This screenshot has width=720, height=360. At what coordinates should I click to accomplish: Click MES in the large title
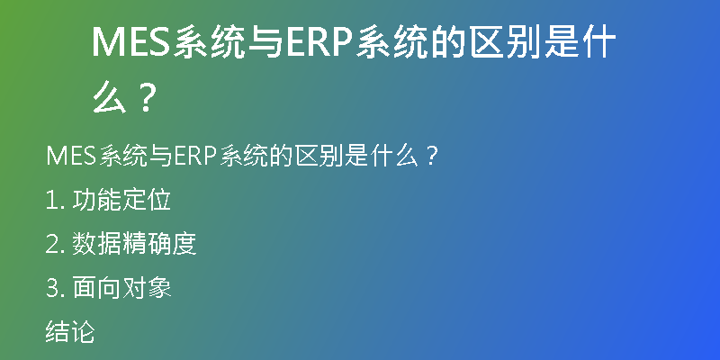131,42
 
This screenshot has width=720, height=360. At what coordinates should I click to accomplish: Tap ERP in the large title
319,42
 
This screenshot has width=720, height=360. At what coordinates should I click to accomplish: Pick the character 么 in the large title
110,96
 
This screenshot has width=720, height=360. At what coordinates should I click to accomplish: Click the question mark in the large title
146,97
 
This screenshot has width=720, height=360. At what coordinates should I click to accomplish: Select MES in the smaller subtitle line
71,157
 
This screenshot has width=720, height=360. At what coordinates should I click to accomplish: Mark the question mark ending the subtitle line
430,157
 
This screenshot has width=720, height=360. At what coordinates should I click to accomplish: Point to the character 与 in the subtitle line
161,157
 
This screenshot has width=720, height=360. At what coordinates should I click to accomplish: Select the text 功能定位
121,200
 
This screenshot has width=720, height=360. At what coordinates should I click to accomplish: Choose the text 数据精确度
134,244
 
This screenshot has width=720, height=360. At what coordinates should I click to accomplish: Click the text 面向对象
121,288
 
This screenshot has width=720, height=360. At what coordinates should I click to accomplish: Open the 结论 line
70,332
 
